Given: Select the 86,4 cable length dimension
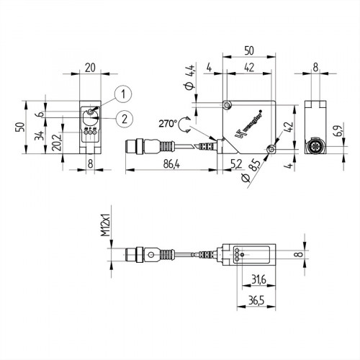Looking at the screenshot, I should [169, 165].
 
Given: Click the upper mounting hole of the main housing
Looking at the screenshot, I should [228, 106].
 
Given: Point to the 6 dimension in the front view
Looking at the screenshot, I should [42, 114].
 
